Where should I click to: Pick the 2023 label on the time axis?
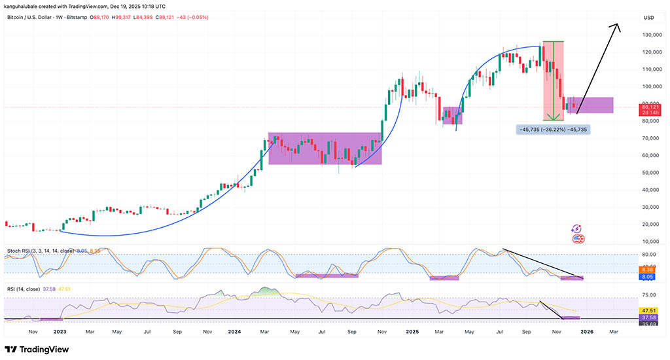click(x=60, y=332)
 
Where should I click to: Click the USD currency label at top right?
click(x=649, y=17)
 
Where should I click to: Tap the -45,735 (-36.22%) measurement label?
click(x=553, y=130)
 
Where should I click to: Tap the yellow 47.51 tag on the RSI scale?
click(x=648, y=310)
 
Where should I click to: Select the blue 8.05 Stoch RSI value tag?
click(x=648, y=277)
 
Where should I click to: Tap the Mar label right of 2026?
click(x=614, y=332)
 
